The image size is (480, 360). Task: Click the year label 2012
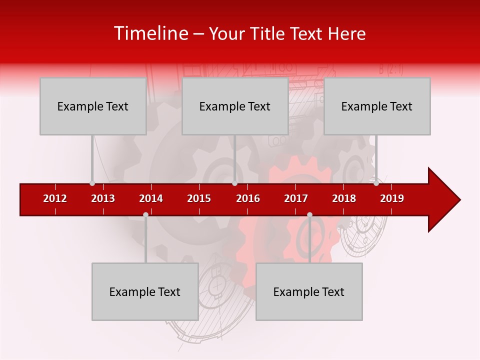[x=55, y=198]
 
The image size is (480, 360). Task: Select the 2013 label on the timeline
[x=103, y=198]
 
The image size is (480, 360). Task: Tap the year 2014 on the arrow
[x=151, y=198]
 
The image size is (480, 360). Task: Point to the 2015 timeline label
[x=199, y=198]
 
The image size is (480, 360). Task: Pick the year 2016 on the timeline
[x=248, y=198]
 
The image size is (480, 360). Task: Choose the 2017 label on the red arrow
[x=296, y=198]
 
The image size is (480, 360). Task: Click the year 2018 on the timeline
[x=344, y=198]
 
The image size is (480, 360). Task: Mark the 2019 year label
[x=392, y=198]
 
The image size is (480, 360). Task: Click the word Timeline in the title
[x=149, y=33]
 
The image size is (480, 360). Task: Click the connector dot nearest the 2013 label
[x=92, y=183]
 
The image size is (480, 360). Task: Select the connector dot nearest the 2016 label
[x=234, y=183]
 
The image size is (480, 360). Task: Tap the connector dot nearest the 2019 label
[x=376, y=183]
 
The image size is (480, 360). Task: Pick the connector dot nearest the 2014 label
[x=145, y=214]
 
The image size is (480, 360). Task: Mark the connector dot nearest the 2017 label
[x=309, y=214]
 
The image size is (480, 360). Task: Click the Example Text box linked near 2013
[x=93, y=106]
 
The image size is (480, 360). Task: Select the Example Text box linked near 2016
[x=235, y=106]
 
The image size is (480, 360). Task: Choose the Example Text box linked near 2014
[x=145, y=291]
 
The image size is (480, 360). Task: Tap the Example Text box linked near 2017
[x=309, y=291]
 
